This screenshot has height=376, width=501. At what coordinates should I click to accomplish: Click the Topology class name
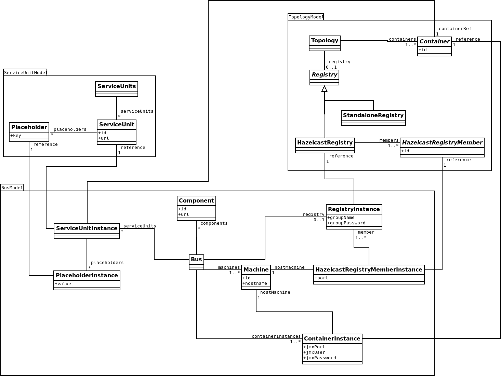[325, 41]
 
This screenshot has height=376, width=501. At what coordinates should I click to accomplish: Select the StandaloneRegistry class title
[373, 115]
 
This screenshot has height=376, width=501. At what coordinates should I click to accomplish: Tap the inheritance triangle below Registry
[325, 89]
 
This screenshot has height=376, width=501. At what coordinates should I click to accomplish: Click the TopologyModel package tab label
[306, 17]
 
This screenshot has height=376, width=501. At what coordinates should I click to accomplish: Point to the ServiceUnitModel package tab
[25, 73]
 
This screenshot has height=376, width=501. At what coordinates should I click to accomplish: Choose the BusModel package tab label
[12, 188]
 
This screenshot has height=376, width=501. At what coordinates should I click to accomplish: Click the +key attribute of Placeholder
[16, 136]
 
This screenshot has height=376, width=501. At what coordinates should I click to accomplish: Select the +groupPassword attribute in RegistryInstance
[346, 223]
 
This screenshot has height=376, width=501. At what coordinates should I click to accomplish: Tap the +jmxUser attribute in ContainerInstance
[314, 352]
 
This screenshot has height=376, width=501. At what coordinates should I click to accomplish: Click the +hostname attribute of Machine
[255, 283]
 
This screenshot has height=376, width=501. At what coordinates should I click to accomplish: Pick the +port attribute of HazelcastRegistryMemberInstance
[321, 278]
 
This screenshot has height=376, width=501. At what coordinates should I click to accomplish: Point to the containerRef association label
[455, 29]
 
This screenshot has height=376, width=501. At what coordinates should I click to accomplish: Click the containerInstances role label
[276, 336]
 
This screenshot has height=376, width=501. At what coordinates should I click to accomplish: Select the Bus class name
[196, 260]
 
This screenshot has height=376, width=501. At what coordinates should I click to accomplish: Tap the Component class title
[196, 201]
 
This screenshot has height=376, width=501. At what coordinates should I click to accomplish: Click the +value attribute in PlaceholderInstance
[63, 284]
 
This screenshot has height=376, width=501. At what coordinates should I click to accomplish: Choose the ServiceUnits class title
[117, 86]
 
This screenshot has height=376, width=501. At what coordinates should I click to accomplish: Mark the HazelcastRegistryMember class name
[442, 143]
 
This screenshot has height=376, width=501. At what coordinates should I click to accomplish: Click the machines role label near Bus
[229, 267]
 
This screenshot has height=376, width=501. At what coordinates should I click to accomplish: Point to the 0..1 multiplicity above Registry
[331, 67]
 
